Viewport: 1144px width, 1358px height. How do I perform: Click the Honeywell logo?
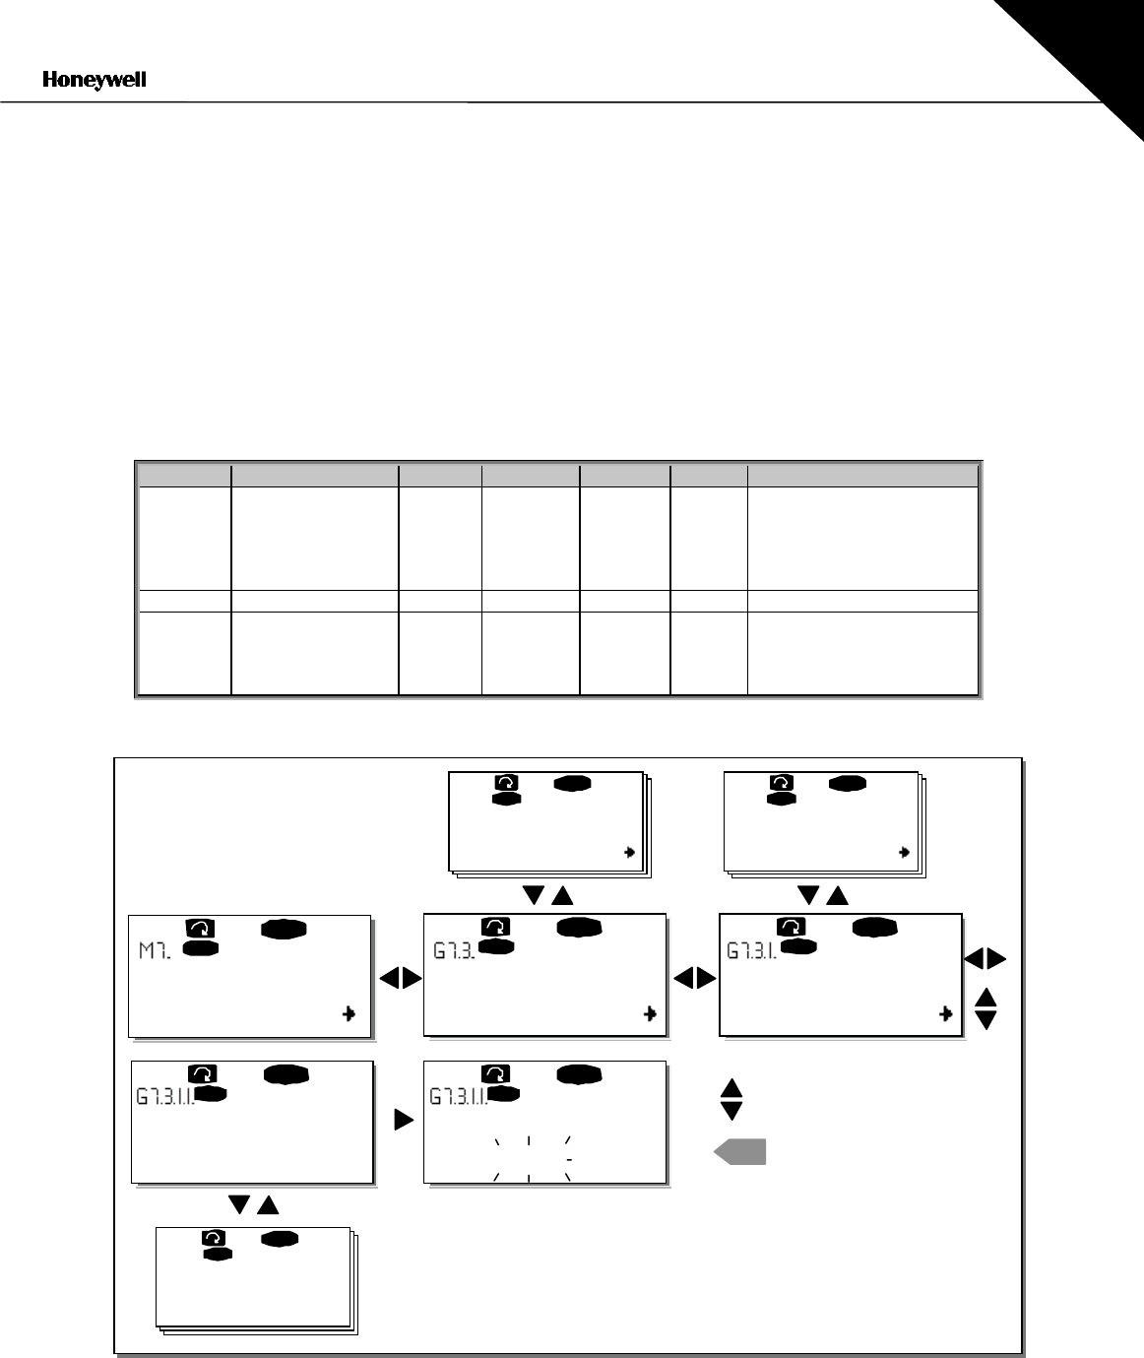point(95,80)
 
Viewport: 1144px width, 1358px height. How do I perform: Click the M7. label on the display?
point(155,951)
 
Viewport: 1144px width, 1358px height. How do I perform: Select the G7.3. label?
point(454,951)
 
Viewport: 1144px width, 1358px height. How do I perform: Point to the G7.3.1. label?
point(751,951)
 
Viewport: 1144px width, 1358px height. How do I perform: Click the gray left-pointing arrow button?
point(739,1152)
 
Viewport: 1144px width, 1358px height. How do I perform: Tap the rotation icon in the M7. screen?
point(200,928)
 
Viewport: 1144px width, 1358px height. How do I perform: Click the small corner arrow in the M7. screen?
point(350,1013)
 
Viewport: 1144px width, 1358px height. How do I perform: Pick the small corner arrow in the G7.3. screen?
point(650,1013)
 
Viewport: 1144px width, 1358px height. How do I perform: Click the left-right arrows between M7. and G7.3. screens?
point(401,978)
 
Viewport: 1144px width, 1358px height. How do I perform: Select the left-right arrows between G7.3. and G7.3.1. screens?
point(695,978)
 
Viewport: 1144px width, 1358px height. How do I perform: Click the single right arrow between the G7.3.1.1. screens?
point(404,1120)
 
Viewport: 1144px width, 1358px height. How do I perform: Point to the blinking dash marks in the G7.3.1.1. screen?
point(533,1159)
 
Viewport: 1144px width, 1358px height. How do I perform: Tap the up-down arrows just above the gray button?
point(731,1100)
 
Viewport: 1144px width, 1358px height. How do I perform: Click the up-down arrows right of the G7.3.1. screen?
point(985,1008)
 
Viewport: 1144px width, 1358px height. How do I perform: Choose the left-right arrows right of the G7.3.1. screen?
point(985,958)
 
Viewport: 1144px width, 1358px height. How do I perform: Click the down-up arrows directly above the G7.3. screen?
point(547,895)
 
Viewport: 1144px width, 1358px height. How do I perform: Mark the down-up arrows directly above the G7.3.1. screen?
point(823,895)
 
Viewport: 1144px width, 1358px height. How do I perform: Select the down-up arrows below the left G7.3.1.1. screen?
point(254,1205)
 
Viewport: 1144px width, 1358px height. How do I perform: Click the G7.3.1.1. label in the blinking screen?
point(459,1097)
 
